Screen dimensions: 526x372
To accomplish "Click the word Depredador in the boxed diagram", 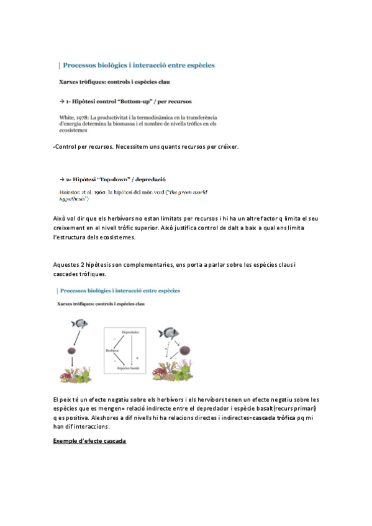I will point(130,332).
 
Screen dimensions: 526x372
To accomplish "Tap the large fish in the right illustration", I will point(169,333).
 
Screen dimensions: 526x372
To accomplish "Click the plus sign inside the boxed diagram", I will point(137,358).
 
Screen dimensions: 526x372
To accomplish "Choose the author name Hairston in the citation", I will point(70,192).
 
